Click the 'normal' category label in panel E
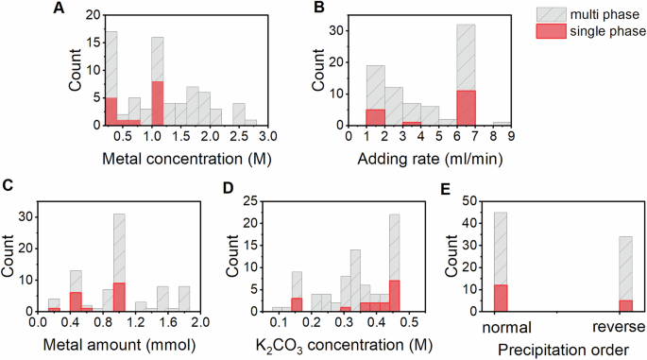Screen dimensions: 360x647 tap(501, 328)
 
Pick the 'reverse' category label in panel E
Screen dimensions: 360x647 tap(621, 328)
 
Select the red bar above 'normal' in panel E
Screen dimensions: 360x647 tap(501, 294)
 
